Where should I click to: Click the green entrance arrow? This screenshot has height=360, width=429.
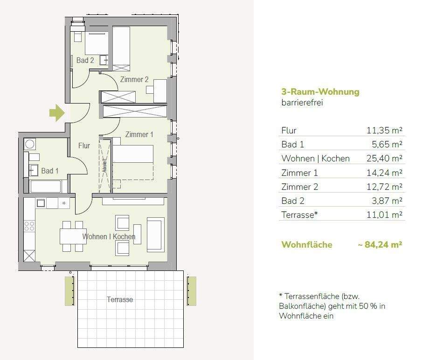[57, 112]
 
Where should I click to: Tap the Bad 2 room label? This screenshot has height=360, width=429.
[85, 60]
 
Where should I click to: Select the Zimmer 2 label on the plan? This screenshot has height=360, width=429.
[134, 79]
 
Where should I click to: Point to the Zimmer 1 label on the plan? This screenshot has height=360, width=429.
[139, 134]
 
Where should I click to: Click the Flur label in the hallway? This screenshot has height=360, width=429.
[84, 146]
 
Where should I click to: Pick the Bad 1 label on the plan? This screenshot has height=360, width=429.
[50, 171]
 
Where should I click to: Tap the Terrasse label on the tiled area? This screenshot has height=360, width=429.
[120, 299]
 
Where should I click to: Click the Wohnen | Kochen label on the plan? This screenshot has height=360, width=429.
[109, 236]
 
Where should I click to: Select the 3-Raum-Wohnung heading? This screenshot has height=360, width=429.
[320, 92]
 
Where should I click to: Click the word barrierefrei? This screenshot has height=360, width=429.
[302, 103]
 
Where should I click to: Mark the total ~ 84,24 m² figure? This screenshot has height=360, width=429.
[381, 244]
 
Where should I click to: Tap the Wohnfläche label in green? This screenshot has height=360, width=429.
[307, 244]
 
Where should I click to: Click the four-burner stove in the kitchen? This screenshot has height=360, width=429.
[29, 226]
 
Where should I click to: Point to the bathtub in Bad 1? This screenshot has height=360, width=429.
[45, 187]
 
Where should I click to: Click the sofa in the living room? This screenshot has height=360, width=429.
[155, 234]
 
